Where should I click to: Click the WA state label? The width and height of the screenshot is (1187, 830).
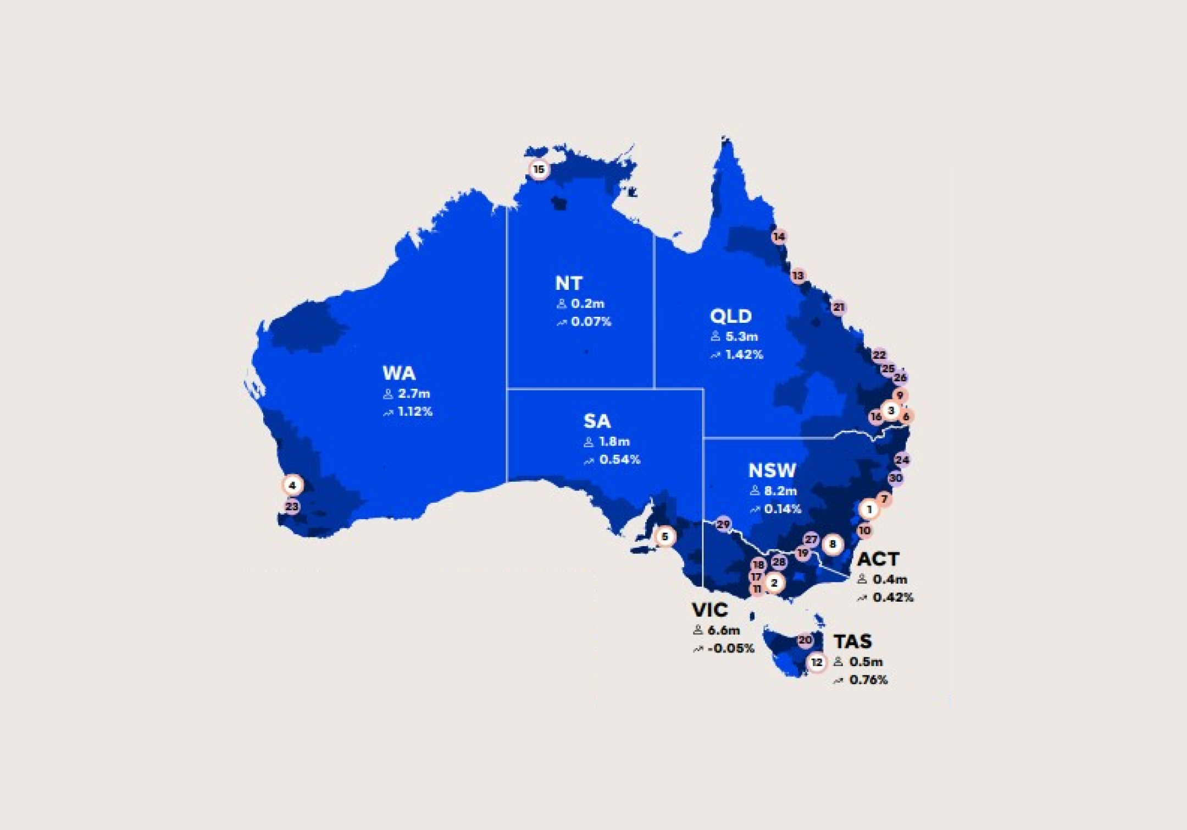(399, 373)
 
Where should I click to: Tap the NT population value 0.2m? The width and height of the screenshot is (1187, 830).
(587, 303)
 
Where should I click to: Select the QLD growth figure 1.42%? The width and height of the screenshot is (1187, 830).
(744, 355)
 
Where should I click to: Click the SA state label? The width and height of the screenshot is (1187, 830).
(597, 421)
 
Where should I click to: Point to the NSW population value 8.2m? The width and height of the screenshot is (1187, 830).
(780, 491)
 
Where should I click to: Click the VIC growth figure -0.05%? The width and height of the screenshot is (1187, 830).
(731, 648)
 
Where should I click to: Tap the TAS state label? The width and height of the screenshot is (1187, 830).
(852, 641)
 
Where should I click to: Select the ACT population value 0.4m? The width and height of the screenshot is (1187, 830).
(889, 579)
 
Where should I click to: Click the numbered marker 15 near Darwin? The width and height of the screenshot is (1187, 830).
(539, 169)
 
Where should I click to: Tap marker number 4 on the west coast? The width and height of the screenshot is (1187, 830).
(292, 485)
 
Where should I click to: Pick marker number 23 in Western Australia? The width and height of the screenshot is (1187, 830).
(292, 507)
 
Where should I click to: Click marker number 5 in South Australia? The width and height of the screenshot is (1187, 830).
(665, 536)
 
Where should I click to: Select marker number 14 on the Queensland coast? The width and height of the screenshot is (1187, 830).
(779, 237)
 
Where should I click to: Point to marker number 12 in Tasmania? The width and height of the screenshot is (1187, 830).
(817, 663)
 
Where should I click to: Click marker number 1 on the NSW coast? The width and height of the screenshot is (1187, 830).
(869, 510)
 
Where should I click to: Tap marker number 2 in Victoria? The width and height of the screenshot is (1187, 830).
(774, 582)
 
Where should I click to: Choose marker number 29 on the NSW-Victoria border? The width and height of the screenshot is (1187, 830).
(724, 524)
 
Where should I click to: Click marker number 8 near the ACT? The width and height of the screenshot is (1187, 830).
(833, 545)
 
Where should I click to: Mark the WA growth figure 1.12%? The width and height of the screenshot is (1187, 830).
(415, 411)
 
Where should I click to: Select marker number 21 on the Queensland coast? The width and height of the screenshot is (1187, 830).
(838, 307)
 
